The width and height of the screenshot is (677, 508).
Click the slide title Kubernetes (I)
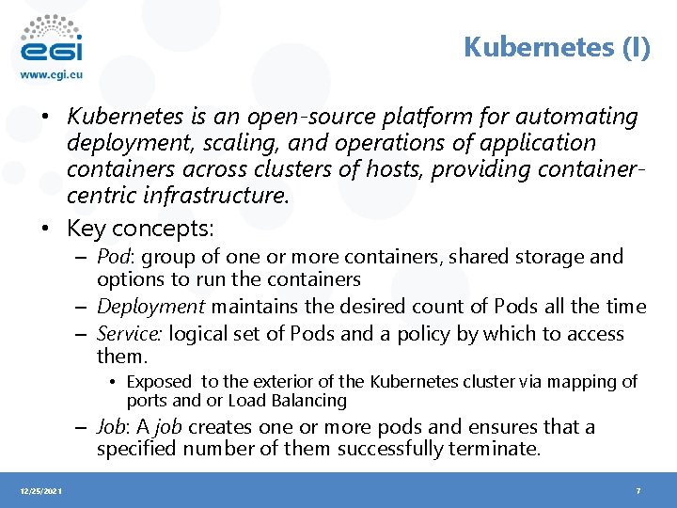(x=557, y=47)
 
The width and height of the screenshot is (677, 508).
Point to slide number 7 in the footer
(x=638, y=491)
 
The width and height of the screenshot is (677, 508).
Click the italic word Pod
(x=113, y=257)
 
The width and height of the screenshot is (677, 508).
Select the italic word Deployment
(x=150, y=307)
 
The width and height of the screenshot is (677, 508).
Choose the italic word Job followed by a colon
(x=114, y=427)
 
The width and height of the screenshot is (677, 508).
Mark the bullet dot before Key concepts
(x=46, y=228)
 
